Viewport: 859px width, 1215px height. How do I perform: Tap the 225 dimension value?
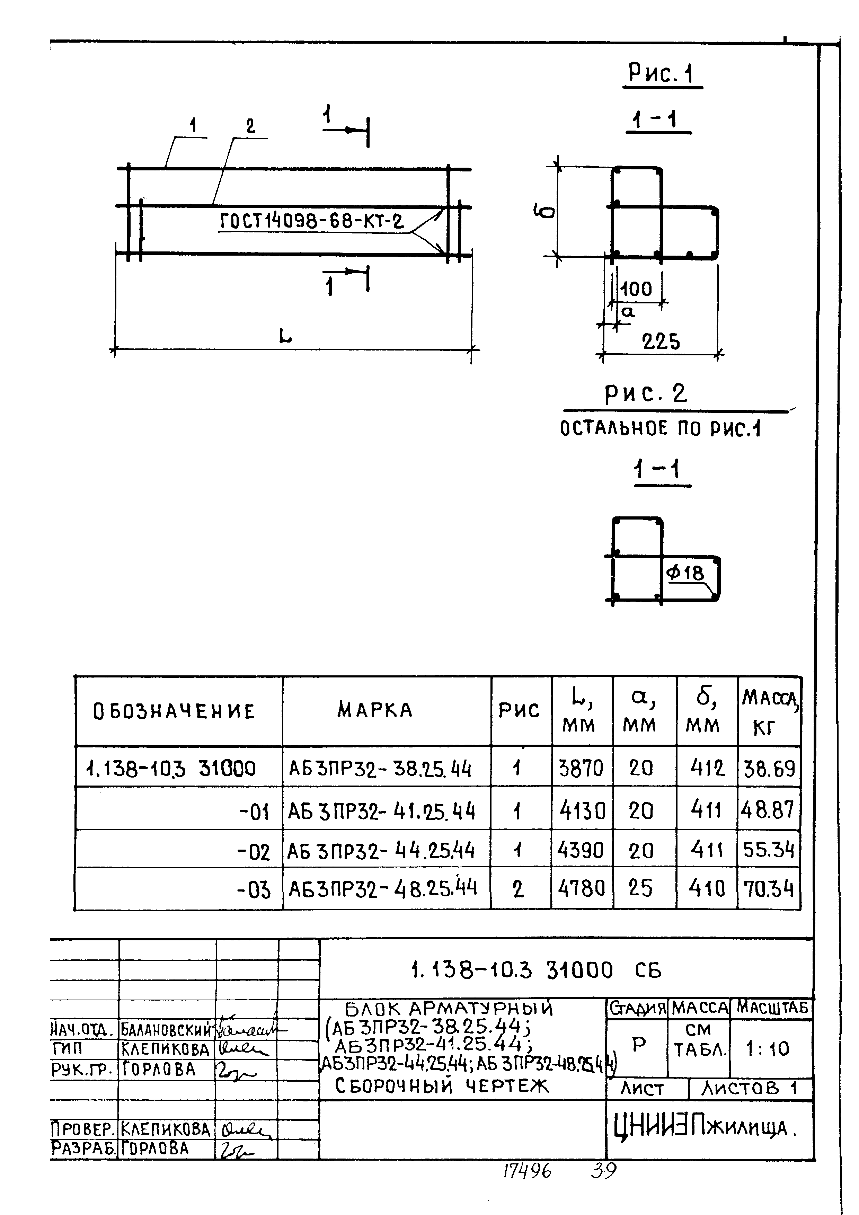(x=661, y=342)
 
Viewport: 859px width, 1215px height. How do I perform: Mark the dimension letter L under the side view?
(x=285, y=336)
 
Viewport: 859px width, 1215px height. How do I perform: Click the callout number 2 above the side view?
(x=250, y=126)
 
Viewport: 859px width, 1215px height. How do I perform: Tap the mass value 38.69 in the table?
(x=769, y=768)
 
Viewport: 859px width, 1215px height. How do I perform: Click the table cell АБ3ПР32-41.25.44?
(x=381, y=811)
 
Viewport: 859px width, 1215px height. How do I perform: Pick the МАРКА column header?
(x=375, y=710)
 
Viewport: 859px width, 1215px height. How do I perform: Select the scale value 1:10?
(x=768, y=1048)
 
